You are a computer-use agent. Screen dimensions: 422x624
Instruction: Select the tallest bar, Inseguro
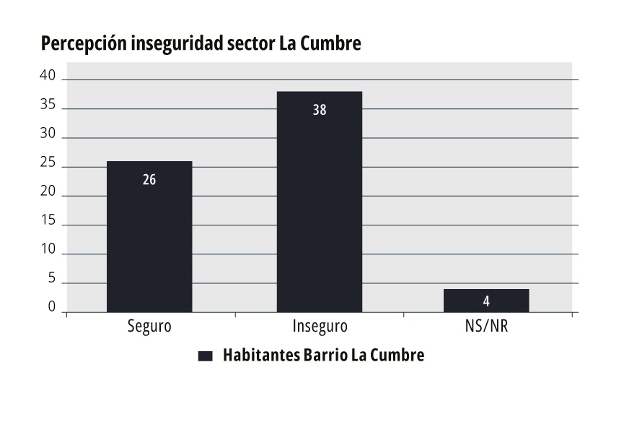(x=320, y=202)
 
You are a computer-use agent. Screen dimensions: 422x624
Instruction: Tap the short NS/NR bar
(x=486, y=301)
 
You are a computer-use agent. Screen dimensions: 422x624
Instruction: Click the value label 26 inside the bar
(x=149, y=180)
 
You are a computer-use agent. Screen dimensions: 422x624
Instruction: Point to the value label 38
(x=320, y=111)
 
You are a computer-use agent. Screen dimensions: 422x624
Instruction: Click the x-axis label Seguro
(x=149, y=326)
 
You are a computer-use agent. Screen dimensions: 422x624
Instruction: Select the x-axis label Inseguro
(x=320, y=326)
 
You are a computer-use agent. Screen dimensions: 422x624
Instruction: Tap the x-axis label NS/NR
(x=487, y=326)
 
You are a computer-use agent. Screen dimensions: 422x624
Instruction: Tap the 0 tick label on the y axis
(x=52, y=308)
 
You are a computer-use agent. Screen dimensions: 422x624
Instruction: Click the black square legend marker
(x=206, y=356)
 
